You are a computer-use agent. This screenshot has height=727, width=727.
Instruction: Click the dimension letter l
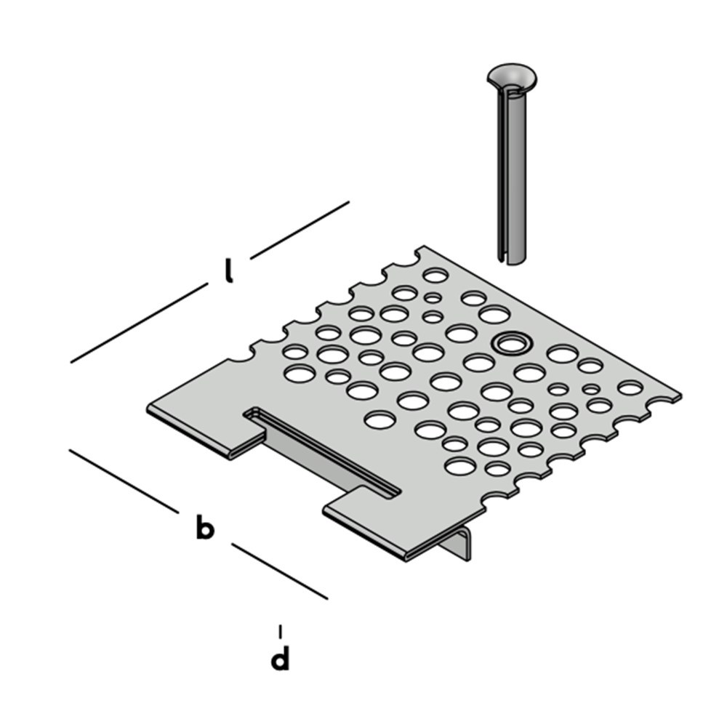click(x=228, y=271)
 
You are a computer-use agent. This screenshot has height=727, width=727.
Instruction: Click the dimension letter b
click(x=204, y=526)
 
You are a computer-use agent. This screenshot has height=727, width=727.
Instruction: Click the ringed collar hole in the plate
click(x=510, y=344)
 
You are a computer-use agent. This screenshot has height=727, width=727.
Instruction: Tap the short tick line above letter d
click(x=280, y=631)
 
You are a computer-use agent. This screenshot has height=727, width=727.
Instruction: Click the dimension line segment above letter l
click(x=300, y=230)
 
